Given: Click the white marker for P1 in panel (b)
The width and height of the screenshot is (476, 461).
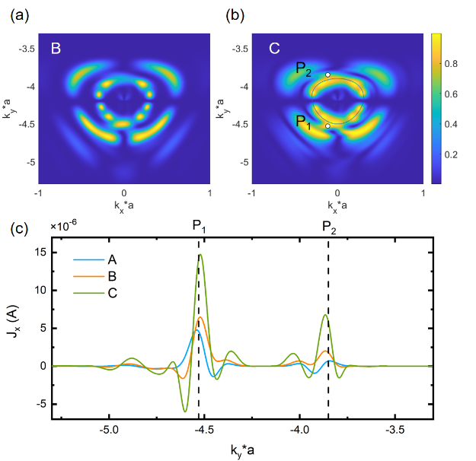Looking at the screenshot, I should (327, 126).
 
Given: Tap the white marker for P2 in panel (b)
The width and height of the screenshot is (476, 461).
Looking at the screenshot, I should (327, 75).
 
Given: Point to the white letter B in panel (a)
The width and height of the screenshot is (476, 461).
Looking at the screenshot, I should (56, 49).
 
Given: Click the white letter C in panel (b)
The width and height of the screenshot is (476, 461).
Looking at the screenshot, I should (275, 49).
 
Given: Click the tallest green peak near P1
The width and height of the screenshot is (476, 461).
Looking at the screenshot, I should (200, 255).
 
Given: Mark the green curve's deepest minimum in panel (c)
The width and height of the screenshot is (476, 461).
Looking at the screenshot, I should (184, 412).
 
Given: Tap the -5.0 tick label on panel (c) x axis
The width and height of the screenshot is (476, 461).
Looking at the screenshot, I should (110, 430).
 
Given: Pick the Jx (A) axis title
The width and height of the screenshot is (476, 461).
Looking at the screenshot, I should (19, 328).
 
